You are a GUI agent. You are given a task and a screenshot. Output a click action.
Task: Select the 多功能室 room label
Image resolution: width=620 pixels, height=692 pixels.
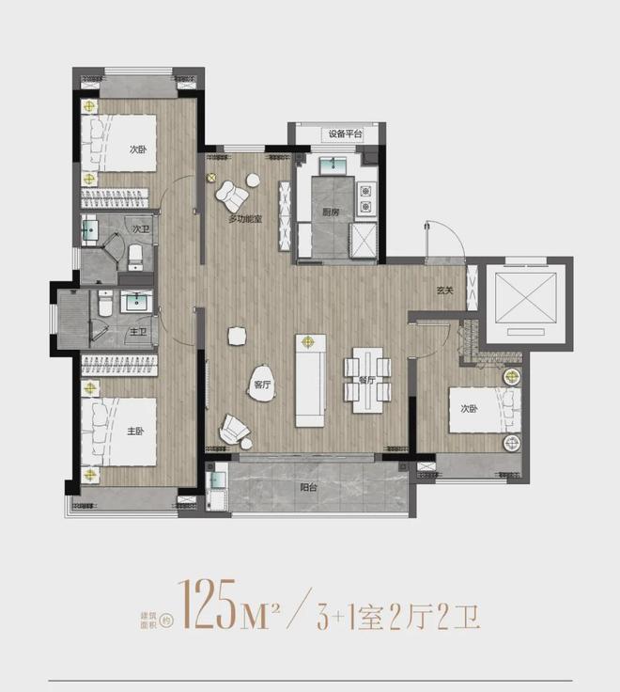pyautogui.click(x=245, y=219)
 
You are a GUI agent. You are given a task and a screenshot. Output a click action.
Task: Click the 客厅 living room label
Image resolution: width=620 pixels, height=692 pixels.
pyautogui.click(x=262, y=383)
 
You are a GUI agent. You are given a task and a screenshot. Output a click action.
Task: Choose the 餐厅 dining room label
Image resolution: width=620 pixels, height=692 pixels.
pyautogui.click(x=367, y=381)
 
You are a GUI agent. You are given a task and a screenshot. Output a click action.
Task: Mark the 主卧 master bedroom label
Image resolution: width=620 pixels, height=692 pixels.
pyautogui.click(x=134, y=431)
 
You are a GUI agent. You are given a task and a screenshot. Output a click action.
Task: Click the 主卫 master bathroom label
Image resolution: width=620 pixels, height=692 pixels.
pyautogui.click(x=137, y=330)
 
